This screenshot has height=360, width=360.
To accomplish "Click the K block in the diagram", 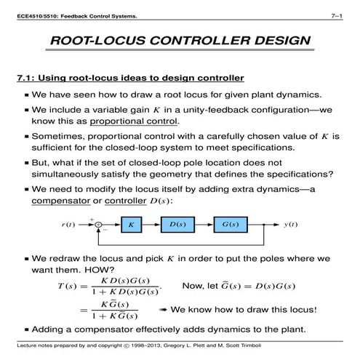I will pos(131,225).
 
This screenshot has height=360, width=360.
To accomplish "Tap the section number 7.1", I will pos(27,78).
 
